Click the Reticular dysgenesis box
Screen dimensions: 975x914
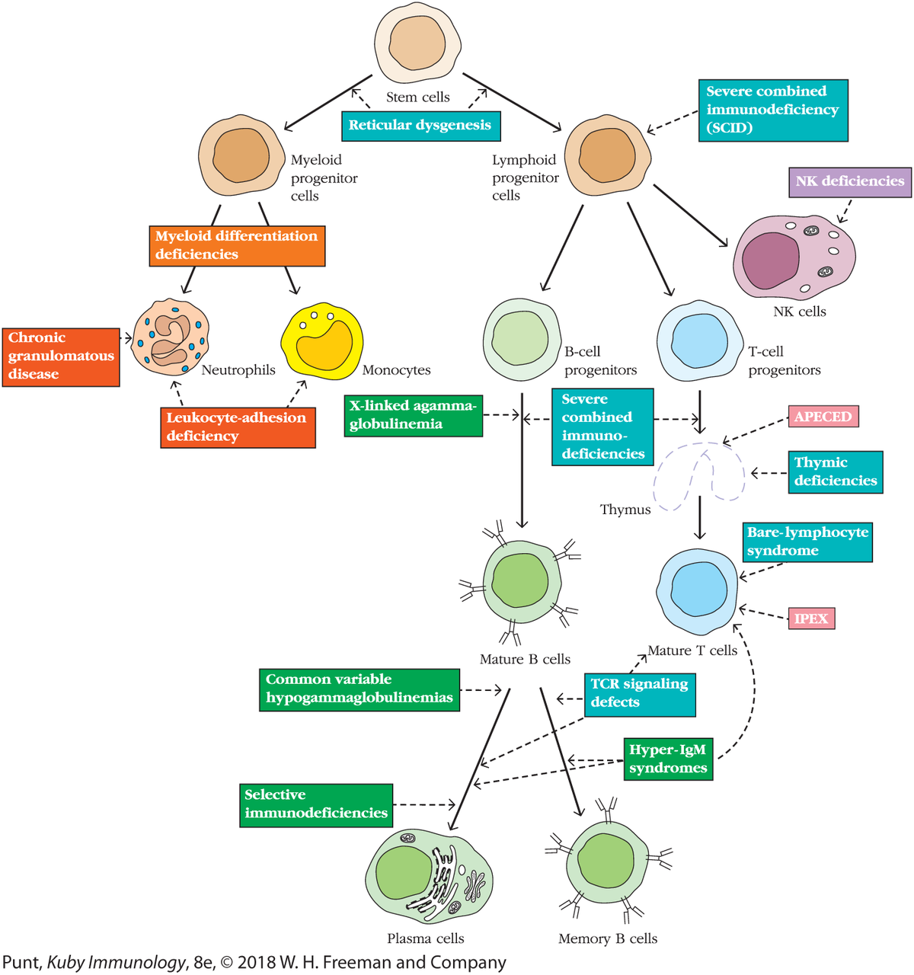click(420, 125)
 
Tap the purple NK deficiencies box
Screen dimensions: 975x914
click(849, 182)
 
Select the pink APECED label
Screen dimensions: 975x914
click(823, 417)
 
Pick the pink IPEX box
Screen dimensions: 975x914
click(810, 619)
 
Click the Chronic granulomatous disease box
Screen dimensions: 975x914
click(61, 356)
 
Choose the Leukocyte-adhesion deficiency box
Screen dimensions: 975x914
click(238, 427)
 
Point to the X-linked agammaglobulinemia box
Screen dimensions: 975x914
click(413, 415)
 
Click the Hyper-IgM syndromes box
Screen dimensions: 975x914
click(668, 759)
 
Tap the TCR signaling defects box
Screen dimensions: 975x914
click(640, 693)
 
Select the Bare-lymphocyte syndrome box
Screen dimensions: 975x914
click(807, 542)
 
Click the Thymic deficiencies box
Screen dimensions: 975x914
click(836, 472)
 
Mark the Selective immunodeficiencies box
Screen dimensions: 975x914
click(316, 804)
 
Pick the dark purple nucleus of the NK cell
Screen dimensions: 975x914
click(771, 261)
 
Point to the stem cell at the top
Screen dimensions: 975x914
click(418, 42)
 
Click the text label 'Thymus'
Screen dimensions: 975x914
click(625, 510)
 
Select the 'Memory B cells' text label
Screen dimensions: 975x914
click(608, 938)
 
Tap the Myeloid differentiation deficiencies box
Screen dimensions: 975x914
click(237, 245)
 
